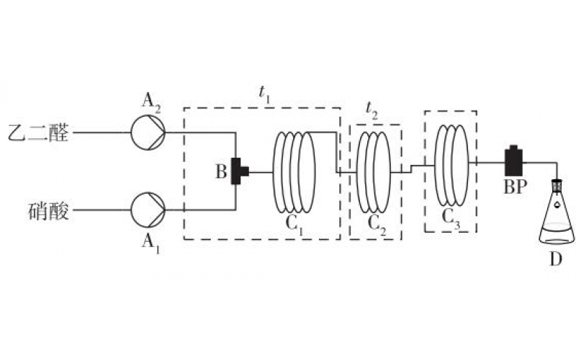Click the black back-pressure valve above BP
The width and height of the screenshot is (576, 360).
pos(513,161)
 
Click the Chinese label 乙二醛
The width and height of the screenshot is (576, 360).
pos(39,132)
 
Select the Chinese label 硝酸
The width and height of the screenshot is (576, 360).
pos(49,211)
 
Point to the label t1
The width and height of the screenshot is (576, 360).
pos(265,94)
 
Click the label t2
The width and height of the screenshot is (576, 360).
pos(372,110)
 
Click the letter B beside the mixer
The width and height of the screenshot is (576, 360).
pos(221,171)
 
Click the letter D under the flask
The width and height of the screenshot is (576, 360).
pos(556,259)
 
